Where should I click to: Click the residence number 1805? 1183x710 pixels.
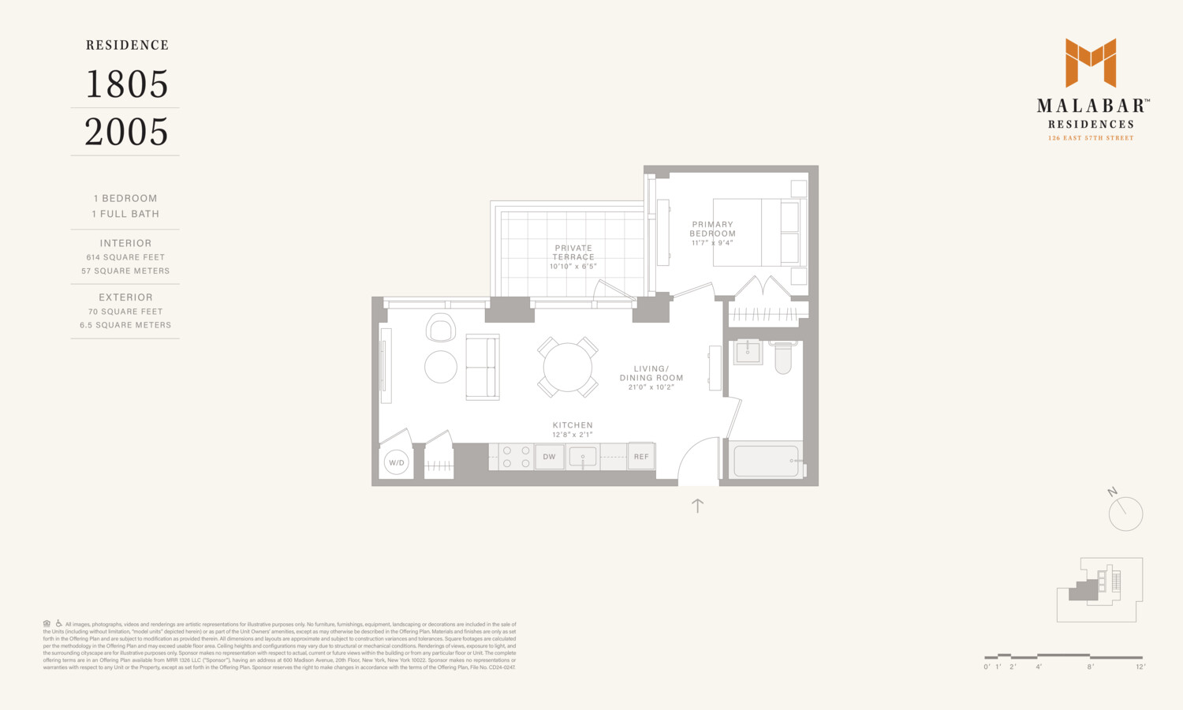[126, 84]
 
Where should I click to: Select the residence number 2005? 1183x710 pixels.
[126, 132]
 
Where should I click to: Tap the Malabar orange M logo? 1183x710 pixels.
[1091, 62]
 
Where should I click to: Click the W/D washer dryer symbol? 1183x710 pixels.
[396, 463]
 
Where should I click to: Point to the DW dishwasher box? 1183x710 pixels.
[549, 457]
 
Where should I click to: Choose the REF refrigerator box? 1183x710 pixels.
[641, 457]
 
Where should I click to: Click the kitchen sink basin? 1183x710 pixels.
[583, 457]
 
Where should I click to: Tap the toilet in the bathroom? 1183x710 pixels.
[782, 357]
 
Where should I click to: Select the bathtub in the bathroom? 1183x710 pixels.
[766, 461]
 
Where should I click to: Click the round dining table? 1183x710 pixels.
[567, 368]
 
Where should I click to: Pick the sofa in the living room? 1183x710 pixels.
[482, 368]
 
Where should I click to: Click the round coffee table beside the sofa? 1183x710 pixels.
[441, 367]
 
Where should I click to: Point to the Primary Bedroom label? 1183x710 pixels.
[712, 229]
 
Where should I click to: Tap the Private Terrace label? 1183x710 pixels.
[573, 252]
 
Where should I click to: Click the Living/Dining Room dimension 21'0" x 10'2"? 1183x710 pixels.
[651, 387]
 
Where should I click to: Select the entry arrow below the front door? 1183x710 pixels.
[697, 506]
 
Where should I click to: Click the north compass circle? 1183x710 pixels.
[1125, 514]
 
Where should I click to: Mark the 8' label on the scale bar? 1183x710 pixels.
[1090, 667]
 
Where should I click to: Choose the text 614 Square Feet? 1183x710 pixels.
[125, 257]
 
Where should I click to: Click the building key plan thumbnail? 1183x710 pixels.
[1100, 589]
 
